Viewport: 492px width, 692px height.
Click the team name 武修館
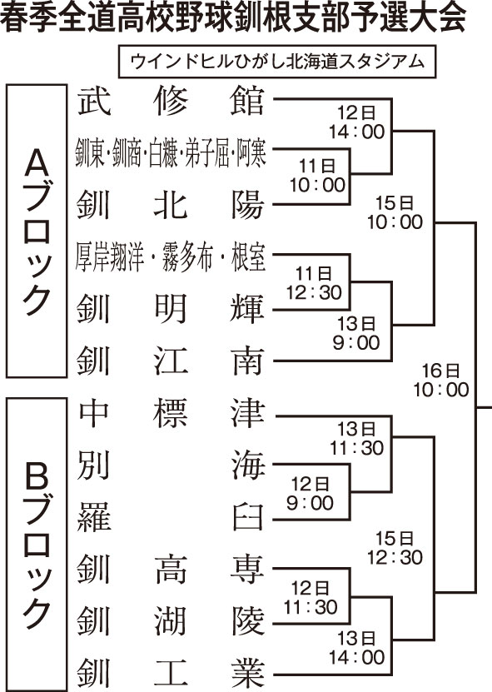click(171, 101)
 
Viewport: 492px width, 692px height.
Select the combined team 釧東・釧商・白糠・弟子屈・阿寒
click(171, 152)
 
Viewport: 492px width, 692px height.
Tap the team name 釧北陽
click(171, 205)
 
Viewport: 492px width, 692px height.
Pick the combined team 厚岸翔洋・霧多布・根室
click(171, 257)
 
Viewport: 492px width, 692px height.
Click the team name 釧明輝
click(171, 308)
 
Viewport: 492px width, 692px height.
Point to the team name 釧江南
click(171, 361)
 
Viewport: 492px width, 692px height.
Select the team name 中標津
click(171, 413)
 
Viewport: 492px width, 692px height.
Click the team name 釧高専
click(171, 570)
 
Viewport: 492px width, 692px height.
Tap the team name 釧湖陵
click(171, 621)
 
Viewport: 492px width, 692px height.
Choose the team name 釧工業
click(171, 674)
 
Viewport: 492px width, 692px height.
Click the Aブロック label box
click(37, 231)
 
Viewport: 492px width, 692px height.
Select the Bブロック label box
click(37, 544)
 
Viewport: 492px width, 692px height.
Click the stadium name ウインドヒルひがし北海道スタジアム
click(277, 61)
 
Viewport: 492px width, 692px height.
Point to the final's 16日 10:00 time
click(441, 381)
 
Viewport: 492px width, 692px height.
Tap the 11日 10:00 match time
click(318, 176)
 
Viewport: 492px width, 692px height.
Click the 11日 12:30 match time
click(314, 283)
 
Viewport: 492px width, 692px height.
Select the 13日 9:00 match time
click(356, 334)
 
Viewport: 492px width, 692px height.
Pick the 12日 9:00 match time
click(310, 494)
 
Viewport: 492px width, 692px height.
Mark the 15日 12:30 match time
click(395, 548)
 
